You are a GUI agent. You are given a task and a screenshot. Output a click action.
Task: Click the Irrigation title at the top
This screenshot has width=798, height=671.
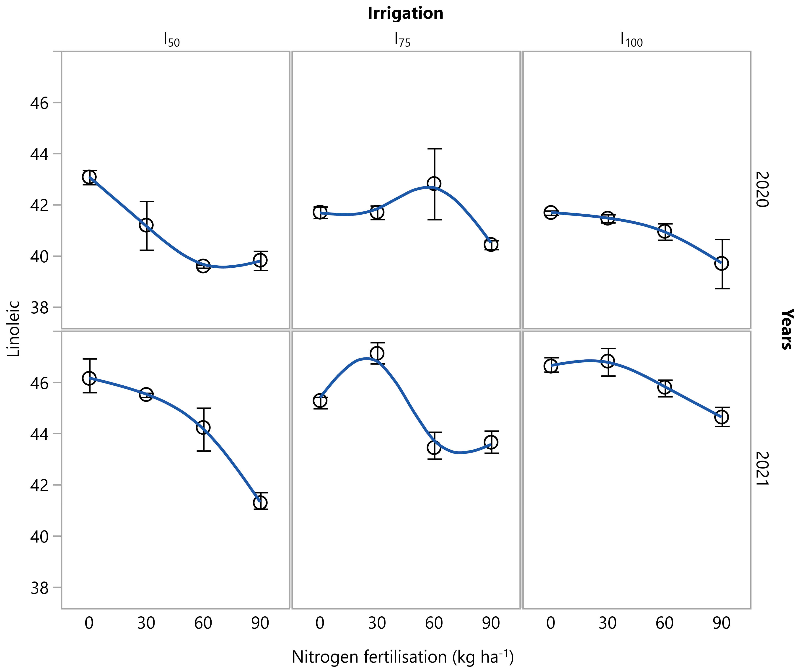(x=405, y=13)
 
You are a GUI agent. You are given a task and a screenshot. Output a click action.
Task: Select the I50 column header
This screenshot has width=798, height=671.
(x=171, y=40)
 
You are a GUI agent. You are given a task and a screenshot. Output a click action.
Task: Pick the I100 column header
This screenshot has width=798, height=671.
(x=631, y=40)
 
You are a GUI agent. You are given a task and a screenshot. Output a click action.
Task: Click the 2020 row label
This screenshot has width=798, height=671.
(x=762, y=190)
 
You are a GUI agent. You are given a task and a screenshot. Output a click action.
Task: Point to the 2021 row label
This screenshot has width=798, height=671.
(x=762, y=469)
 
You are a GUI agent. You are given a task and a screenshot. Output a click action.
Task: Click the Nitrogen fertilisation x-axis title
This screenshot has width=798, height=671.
(x=402, y=657)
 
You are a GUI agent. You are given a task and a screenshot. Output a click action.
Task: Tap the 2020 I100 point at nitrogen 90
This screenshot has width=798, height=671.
(x=721, y=263)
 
